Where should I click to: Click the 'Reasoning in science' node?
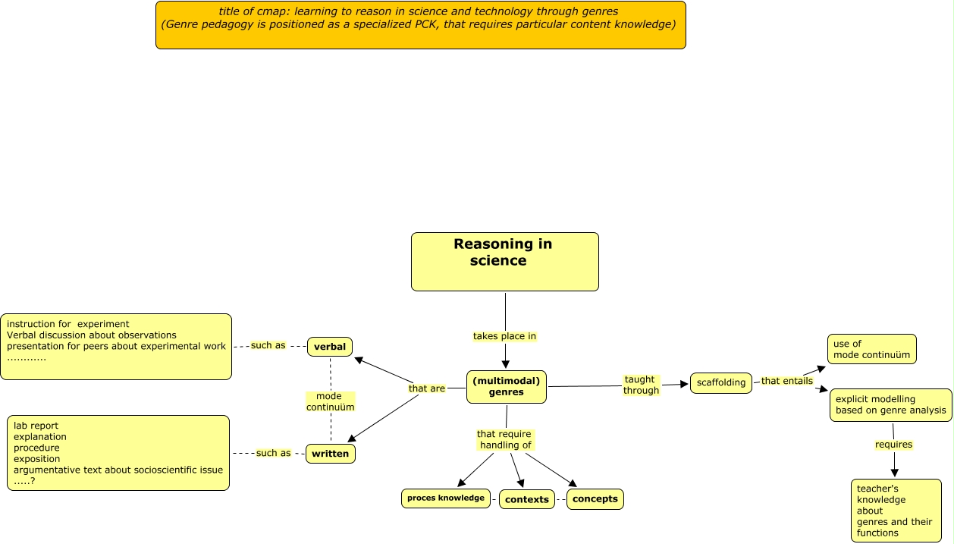tap(504, 261)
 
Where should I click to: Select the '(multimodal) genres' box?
tap(506, 386)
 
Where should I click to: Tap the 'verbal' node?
tap(330, 347)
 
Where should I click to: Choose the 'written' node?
tap(330, 454)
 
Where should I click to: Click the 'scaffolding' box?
tap(720, 383)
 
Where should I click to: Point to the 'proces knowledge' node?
tap(445, 498)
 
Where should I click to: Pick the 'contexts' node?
tap(526, 499)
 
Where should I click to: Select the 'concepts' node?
tap(595, 498)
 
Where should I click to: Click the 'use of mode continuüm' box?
tap(871, 349)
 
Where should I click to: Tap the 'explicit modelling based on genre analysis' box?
tap(890, 404)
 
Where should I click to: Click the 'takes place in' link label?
tap(504, 336)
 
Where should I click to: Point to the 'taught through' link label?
tap(641, 385)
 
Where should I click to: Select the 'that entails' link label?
tap(786, 381)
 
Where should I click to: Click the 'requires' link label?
tap(893, 444)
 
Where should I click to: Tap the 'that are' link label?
tap(427, 388)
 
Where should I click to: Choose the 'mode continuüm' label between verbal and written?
tap(330, 401)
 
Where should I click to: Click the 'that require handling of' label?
tap(504, 439)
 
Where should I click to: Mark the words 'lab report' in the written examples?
tap(36, 426)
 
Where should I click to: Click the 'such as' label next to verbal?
tap(268, 345)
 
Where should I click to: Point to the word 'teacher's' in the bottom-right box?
tap(877, 489)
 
